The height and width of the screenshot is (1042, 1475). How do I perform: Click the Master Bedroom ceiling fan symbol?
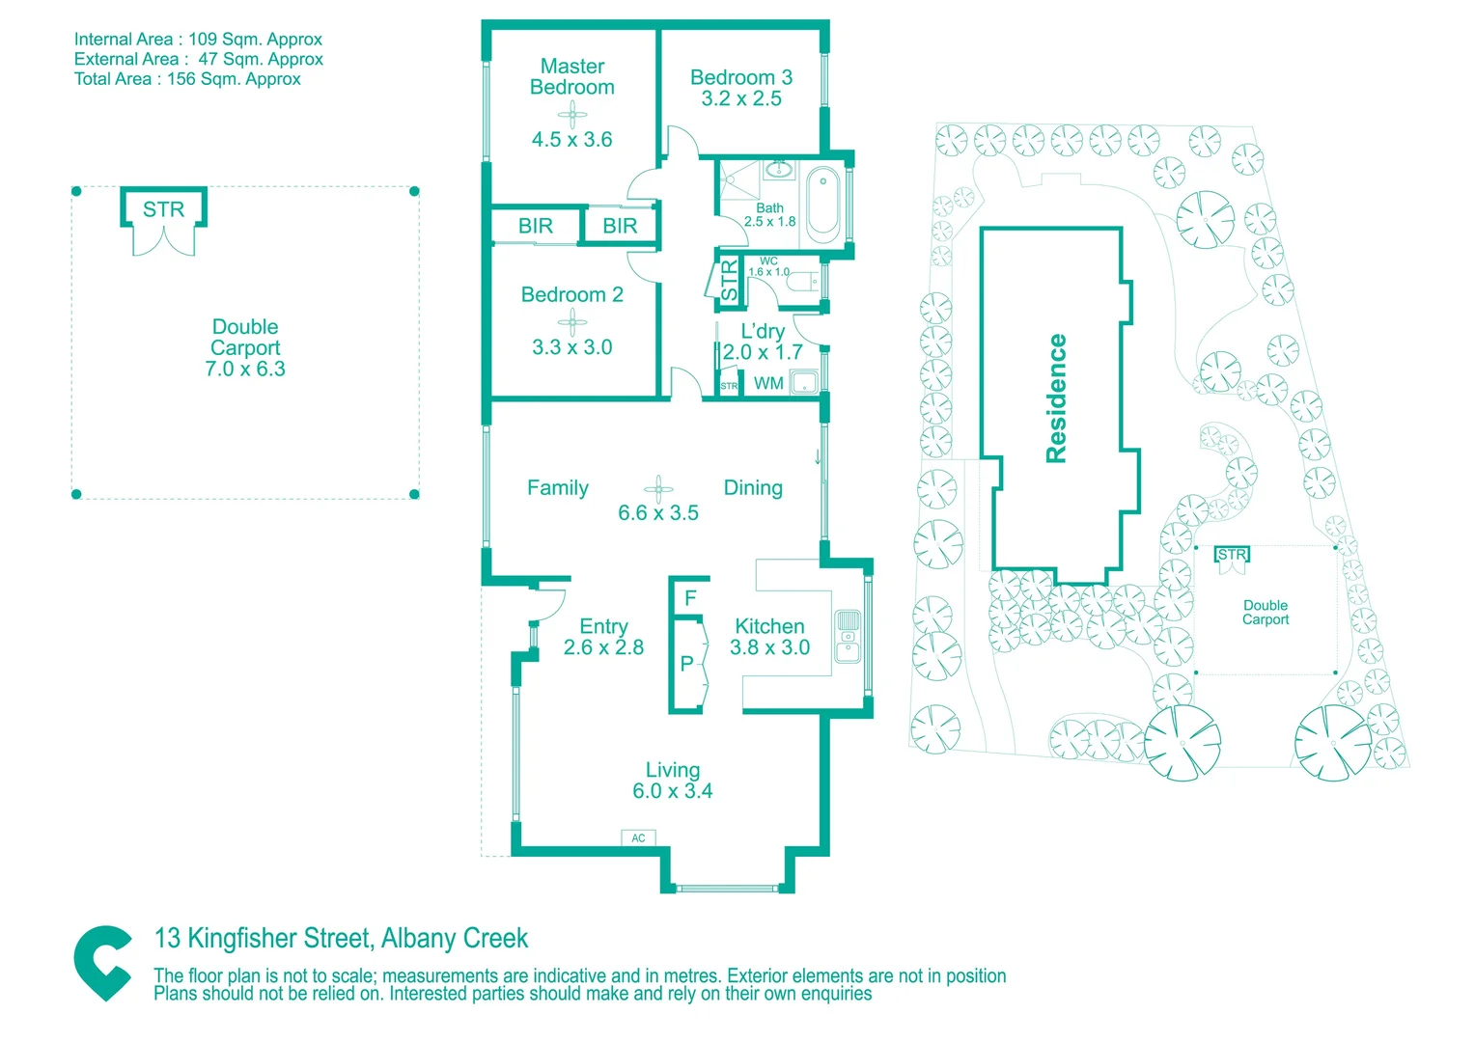click(x=572, y=116)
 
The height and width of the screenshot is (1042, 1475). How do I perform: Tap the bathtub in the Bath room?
click(x=823, y=205)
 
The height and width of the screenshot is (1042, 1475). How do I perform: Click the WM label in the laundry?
click(x=768, y=384)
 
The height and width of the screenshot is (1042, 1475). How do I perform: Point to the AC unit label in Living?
click(x=638, y=838)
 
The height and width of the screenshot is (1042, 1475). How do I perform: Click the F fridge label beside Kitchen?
click(x=690, y=597)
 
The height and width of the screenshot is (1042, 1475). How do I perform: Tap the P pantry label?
click(x=686, y=664)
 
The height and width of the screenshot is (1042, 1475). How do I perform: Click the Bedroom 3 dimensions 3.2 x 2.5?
click(x=740, y=98)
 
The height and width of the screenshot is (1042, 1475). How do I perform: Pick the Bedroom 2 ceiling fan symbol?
click(x=572, y=322)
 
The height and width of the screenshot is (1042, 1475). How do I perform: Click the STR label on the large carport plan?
click(x=163, y=209)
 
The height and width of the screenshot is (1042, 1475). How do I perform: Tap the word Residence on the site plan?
click(x=1056, y=398)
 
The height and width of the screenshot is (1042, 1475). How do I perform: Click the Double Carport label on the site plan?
click(x=1265, y=612)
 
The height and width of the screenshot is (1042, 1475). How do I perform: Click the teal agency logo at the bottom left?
click(x=102, y=963)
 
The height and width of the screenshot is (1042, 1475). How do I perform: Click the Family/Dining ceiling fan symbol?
click(x=658, y=489)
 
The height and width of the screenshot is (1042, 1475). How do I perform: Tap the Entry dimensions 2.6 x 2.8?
click(x=603, y=647)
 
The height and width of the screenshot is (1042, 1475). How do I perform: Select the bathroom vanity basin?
click(x=779, y=169)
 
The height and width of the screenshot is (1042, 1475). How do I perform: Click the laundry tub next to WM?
click(x=805, y=382)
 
